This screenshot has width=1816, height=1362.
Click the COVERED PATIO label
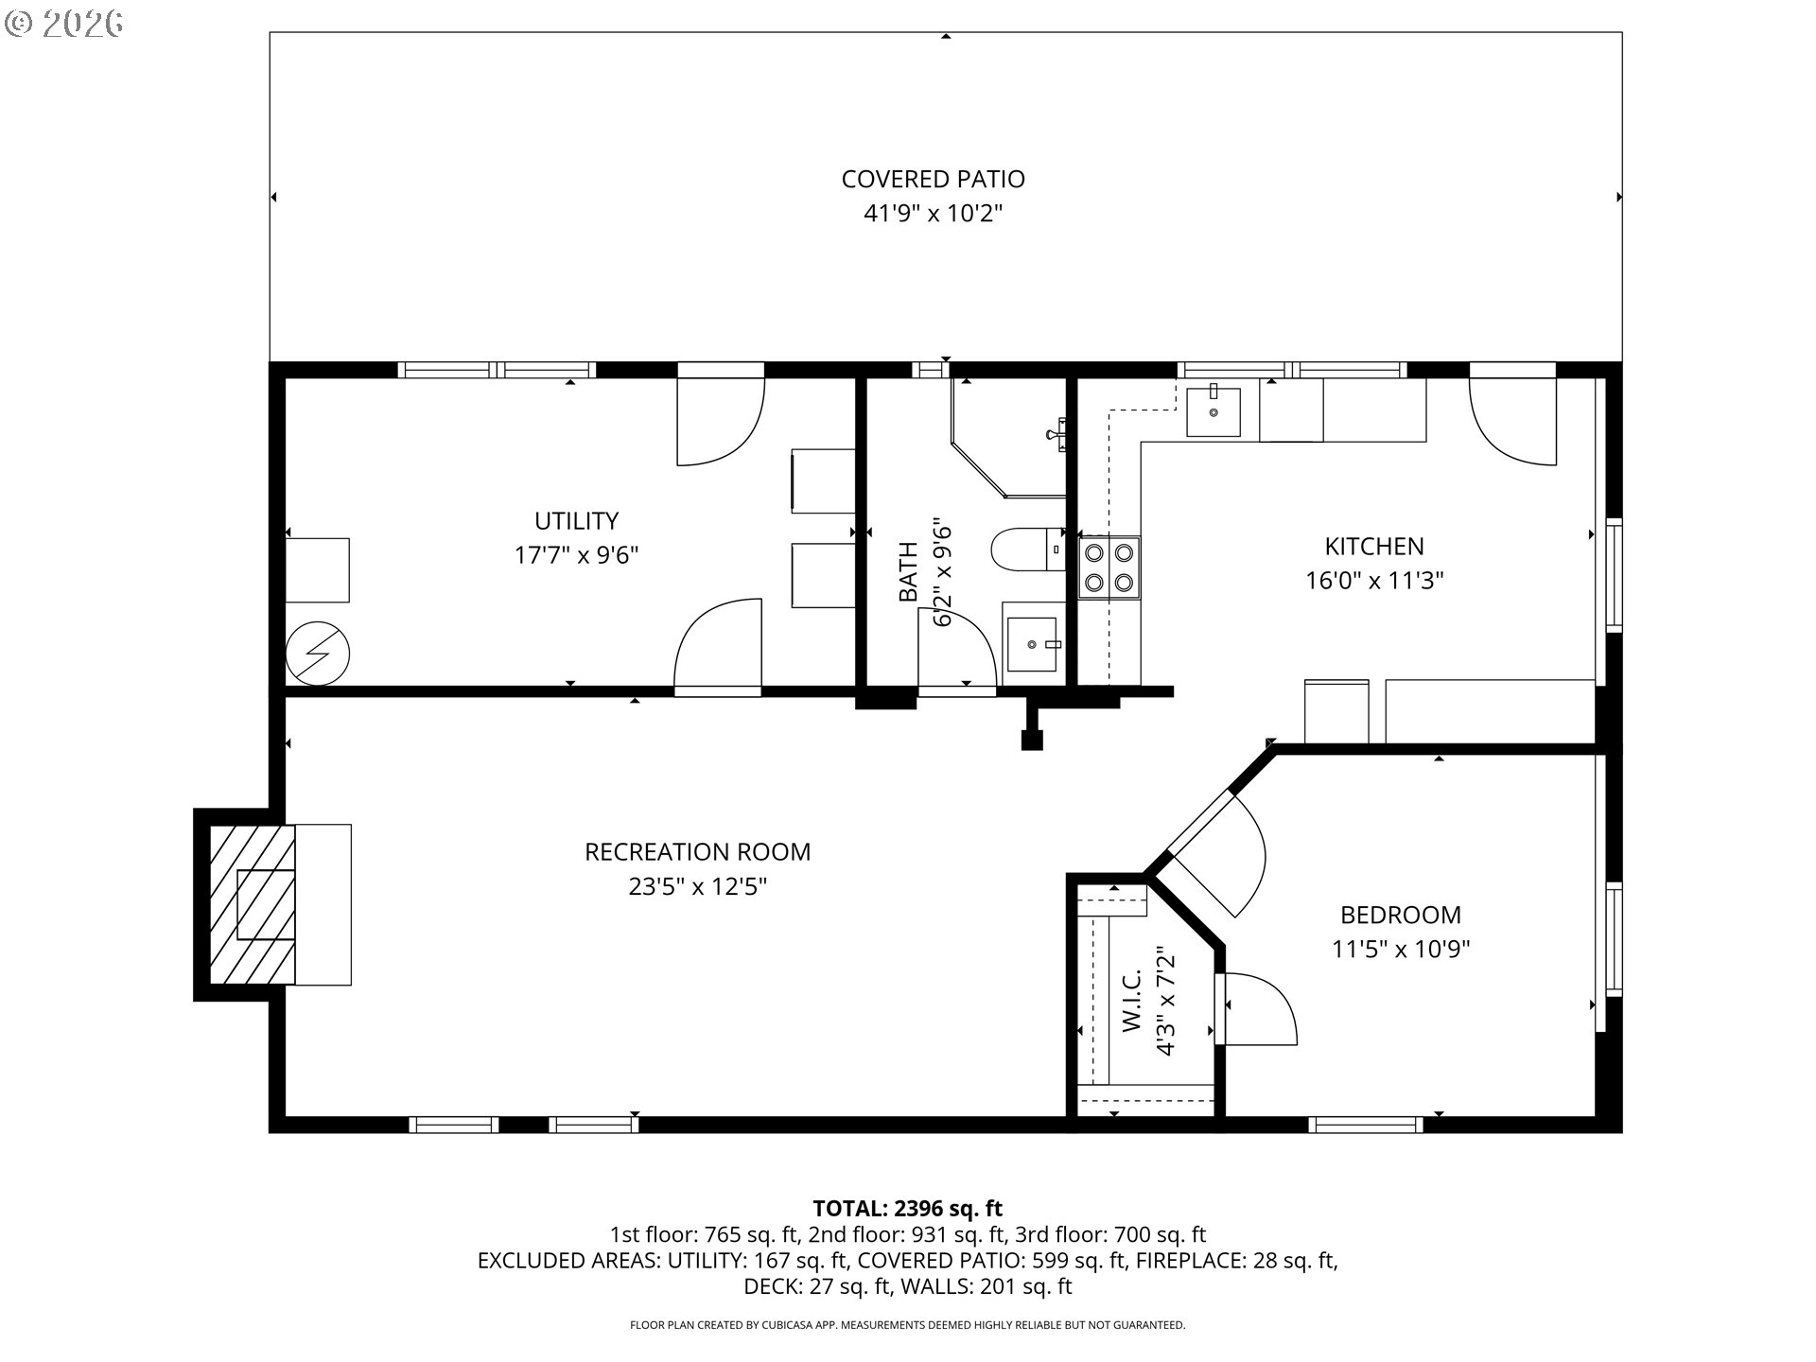(933, 179)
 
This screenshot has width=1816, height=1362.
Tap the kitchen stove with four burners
(1109, 567)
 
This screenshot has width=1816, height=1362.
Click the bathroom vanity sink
(1031, 644)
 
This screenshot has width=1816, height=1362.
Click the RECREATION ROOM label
(698, 852)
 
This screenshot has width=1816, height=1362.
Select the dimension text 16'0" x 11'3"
(1374, 581)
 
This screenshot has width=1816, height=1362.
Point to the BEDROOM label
(1401, 915)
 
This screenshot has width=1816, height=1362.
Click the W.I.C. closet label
(1133, 1001)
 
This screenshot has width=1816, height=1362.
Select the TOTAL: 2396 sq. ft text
(907, 1208)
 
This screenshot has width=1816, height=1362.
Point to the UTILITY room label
(576, 521)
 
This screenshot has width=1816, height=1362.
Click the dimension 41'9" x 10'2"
(933, 214)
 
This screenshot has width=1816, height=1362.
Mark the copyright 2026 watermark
(64, 24)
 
